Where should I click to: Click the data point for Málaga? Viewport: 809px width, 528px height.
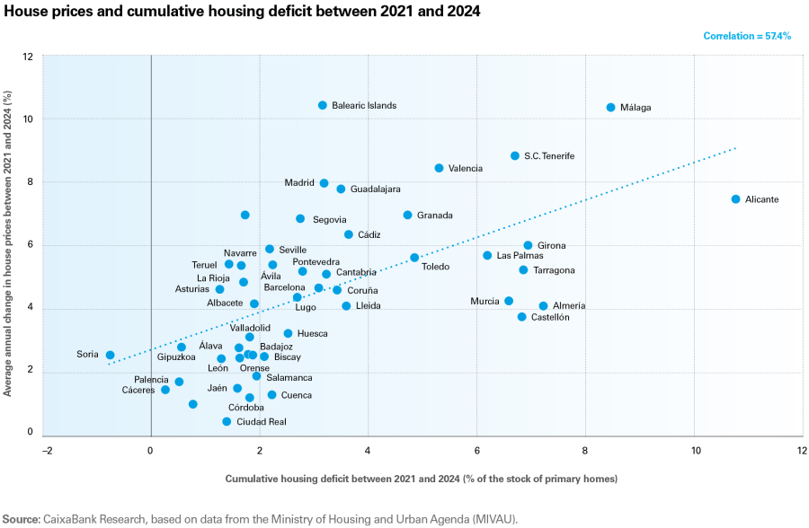coord(610,108)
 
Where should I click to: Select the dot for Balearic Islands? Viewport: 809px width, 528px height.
coord(323,106)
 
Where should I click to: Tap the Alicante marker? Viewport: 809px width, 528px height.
coord(735,199)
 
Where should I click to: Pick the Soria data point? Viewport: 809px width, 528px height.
coord(110,356)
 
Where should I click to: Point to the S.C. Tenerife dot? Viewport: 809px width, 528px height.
coord(515,156)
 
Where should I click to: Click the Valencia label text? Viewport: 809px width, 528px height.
coord(466,169)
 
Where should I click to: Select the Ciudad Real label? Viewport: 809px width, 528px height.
coord(262,422)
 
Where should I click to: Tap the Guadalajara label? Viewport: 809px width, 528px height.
coord(375,189)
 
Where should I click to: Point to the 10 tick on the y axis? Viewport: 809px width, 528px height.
coord(29,119)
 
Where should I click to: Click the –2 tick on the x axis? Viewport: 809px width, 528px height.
coord(42,450)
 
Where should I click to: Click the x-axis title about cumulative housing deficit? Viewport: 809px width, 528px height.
coord(421,479)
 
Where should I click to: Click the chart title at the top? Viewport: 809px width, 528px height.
coord(242,12)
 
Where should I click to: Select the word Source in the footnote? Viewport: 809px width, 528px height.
coord(20,519)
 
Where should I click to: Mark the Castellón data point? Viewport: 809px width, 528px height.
coord(521,317)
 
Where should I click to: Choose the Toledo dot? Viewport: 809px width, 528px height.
coord(414,258)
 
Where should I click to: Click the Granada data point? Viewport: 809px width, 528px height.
coord(407,216)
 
